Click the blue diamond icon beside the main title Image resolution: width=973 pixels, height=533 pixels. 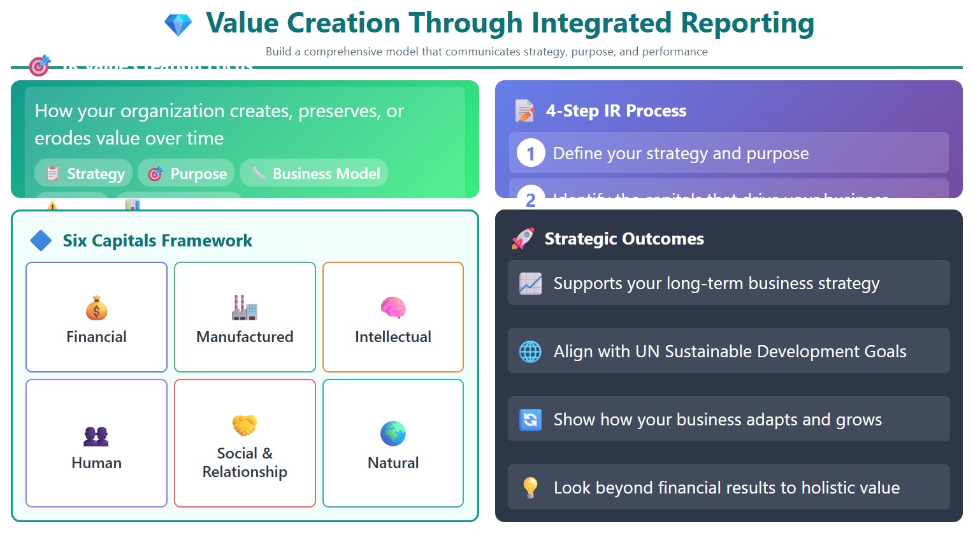click(x=178, y=25)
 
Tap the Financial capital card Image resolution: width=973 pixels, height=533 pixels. click(x=96, y=317)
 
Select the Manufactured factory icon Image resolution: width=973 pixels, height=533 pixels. click(x=245, y=308)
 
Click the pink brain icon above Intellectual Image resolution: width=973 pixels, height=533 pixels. click(x=393, y=308)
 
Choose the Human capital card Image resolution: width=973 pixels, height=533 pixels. click(x=96, y=443)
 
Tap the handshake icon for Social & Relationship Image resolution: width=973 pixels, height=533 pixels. click(x=245, y=425)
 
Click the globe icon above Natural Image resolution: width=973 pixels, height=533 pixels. click(x=393, y=434)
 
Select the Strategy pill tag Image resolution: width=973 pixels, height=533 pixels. click(x=83, y=173)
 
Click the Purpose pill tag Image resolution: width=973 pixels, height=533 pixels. click(x=186, y=173)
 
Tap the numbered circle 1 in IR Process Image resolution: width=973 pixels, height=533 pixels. click(x=530, y=153)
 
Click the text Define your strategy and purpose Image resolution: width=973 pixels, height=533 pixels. click(x=681, y=153)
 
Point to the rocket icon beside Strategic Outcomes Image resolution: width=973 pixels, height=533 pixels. click(x=523, y=239)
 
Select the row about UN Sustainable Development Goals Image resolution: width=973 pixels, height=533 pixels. click(x=728, y=351)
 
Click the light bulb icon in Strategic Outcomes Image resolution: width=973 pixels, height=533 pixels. click(x=530, y=487)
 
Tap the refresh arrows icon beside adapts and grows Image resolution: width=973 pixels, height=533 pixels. click(x=530, y=420)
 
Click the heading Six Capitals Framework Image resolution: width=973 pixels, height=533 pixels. click(x=157, y=241)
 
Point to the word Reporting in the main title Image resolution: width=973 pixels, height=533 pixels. click(x=747, y=24)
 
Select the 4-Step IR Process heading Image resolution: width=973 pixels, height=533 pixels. click(x=616, y=111)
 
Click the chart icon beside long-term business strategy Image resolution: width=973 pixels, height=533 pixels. click(x=530, y=283)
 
